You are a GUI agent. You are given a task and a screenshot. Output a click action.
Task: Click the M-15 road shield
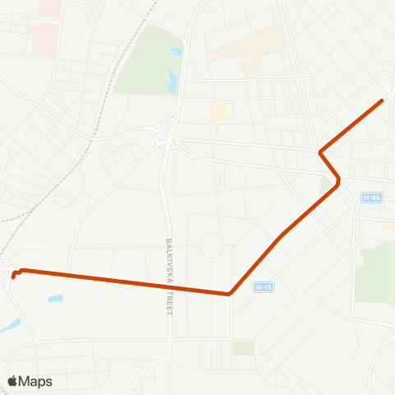263,287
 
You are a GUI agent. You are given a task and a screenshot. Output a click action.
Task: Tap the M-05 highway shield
372,197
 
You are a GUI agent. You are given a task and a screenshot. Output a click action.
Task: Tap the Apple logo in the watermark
12,381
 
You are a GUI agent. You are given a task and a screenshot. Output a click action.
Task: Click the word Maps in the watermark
35,381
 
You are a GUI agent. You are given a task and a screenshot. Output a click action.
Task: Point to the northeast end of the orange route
383,100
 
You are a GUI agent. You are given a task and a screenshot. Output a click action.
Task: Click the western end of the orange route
13,276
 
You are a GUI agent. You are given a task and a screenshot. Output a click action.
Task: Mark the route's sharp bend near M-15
229,294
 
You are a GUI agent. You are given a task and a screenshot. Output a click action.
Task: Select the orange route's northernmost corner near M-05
320,152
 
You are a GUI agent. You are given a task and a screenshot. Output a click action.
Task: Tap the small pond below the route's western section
54,299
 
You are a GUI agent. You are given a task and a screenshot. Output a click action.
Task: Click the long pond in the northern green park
172,81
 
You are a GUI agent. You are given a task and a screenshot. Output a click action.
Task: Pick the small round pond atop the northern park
176,52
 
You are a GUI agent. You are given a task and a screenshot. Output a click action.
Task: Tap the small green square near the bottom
243,348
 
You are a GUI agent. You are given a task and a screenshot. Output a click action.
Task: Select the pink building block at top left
44,37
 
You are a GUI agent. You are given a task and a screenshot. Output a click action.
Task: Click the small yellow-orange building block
220,113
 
